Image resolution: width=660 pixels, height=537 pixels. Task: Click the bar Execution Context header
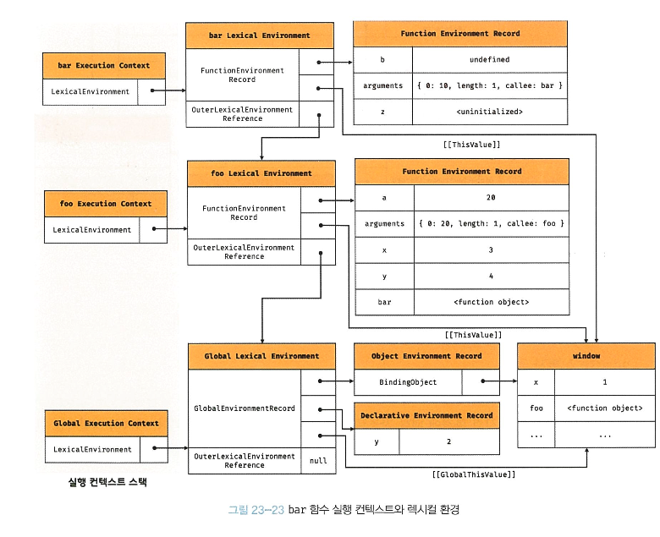pos(104,66)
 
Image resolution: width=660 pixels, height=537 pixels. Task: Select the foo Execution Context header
pos(106,204)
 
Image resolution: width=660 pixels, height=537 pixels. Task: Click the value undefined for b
pos(489,60)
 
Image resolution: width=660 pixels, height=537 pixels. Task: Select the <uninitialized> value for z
pos(489,111)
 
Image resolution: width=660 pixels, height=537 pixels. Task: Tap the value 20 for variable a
pos(491,198)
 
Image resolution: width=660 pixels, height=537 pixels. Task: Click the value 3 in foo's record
pos(491,250)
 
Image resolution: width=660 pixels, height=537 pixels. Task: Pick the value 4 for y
pos(491,276)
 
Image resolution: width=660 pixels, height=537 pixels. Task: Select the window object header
pos(586,356)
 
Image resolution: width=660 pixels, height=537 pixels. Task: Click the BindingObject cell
pos(408,382)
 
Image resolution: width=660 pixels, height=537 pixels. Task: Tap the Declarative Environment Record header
pos(426,415)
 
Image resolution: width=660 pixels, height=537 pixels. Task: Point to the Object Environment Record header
pos(426,356)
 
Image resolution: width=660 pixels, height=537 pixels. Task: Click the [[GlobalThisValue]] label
pos(473,474)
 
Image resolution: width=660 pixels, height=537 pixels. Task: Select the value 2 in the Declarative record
pos(449,441)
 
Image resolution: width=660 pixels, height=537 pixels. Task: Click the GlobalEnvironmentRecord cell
pos(245,408)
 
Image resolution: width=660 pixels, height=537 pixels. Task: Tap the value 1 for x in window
pos(604,382)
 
